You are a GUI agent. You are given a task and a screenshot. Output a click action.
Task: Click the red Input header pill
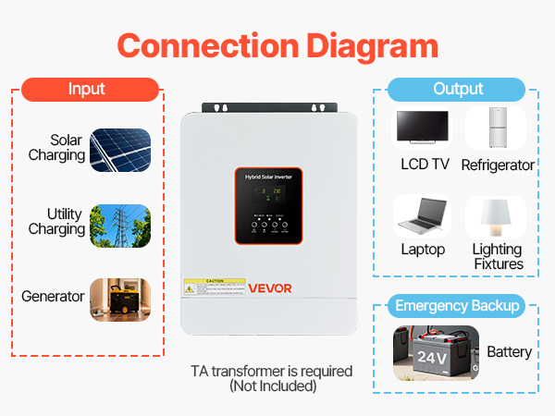[x=87, y=90]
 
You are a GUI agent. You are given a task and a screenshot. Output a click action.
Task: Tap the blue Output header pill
[x=458, y=90]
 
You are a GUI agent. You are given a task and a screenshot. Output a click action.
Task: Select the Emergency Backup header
[x=457, y=306]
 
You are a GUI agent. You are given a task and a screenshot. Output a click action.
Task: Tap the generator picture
[x=120, y=298]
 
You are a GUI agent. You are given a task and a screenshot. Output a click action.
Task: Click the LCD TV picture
[x=422, y=130]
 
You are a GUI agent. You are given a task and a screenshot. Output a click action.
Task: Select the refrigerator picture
[x=497, y=129]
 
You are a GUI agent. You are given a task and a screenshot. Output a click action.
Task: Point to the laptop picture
[x=422, y=217]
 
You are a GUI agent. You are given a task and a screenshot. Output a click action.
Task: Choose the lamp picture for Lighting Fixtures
[x=497, y=217]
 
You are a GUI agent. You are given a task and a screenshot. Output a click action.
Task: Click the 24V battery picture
[x=435, y=352]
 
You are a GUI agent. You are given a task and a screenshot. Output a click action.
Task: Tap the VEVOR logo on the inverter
[x=270, y=288]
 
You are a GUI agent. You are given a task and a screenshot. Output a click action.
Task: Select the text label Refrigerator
[x=498, y=165]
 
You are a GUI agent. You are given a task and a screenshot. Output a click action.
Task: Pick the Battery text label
[x=509, y=352]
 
